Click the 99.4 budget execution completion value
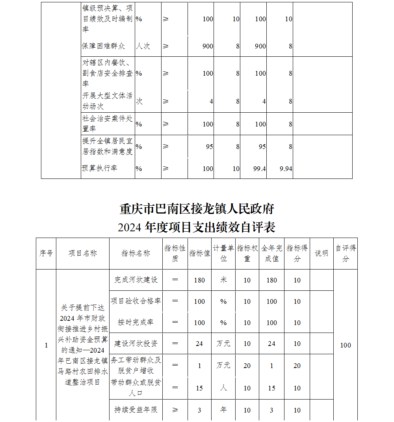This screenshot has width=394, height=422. coord(260,169)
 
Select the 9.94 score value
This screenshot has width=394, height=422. coord(286,169)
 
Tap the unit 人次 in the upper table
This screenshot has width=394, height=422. coord(143,46)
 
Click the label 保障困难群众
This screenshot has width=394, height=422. coord(103,46)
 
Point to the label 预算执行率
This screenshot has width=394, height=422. coord(99,168)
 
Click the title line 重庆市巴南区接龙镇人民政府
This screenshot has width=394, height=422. coord(197,208)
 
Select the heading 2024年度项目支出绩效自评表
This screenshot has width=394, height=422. coord(197,227)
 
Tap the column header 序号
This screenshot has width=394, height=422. coord(46,253)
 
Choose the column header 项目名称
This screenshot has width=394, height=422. coord(83,253)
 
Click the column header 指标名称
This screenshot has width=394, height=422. coord(136,253)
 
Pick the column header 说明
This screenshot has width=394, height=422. coord(322,253)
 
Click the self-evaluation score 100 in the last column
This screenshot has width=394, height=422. coord(345,345)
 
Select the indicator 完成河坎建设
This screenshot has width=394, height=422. coord(136,280)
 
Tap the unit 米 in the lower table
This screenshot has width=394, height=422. coord(223,280)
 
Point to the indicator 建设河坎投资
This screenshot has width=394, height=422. coord(136,344)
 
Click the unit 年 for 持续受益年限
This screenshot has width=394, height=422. coord(223,410)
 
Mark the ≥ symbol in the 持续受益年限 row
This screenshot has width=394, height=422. coord(175,410)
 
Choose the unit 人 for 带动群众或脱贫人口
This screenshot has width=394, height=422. coord(223,388)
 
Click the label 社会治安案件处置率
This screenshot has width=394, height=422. coord(108,124)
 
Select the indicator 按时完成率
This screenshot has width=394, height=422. coord(136,322)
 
